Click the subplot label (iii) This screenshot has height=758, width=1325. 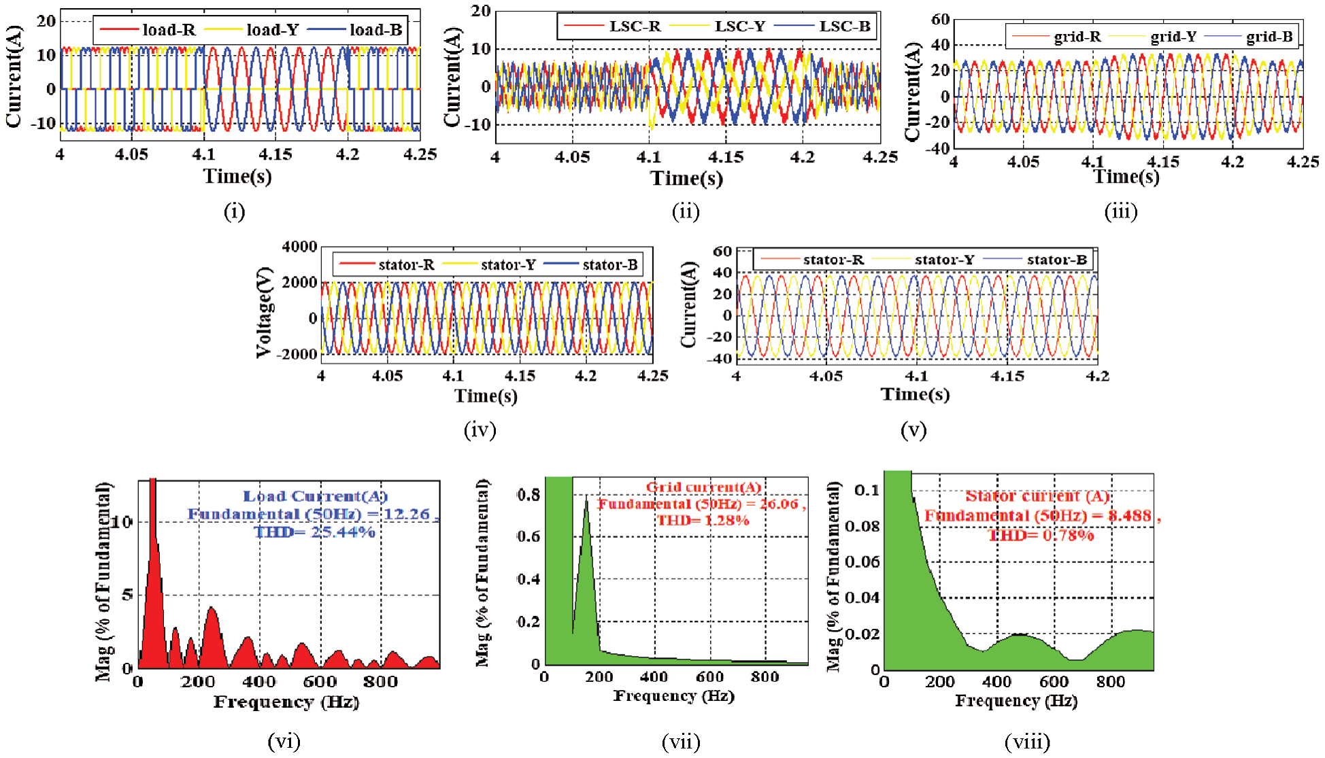1120,212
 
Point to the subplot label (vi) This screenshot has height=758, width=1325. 284,741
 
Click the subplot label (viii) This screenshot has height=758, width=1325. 1027,742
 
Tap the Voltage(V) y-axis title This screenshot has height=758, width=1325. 264,313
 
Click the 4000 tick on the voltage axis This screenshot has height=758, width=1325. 299,247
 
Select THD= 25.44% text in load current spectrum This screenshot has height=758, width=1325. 314,532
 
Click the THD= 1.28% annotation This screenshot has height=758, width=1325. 703,521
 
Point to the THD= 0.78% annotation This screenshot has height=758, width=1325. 1041,536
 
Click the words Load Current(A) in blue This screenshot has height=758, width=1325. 315,496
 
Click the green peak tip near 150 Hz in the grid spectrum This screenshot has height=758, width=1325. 586,502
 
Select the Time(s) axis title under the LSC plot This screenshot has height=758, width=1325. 686,179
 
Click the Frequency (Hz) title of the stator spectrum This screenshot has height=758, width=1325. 1016,701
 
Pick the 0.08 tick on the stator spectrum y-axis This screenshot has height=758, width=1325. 862,526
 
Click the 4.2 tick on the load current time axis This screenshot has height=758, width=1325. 348,155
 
